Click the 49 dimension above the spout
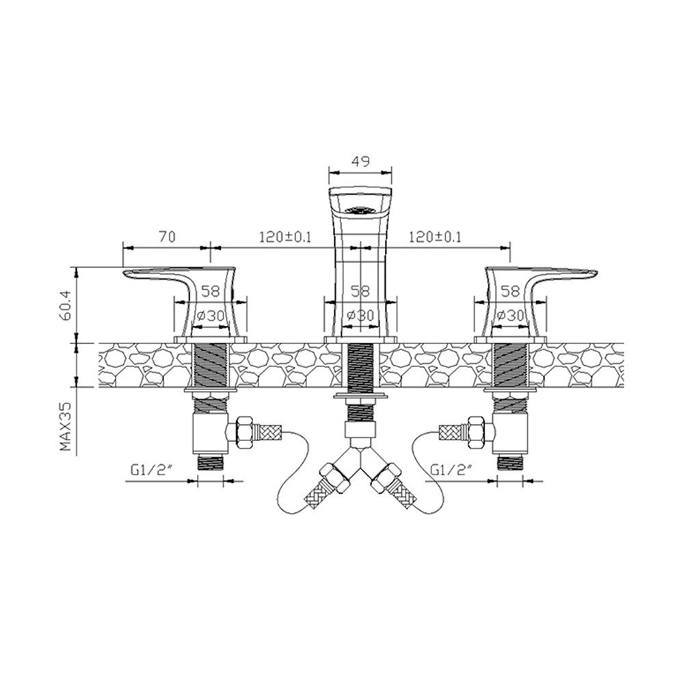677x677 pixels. (x=360, y=161)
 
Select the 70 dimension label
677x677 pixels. (x=167, y=237)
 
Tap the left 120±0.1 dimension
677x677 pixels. (x=285, y=237)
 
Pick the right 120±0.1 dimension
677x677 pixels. (x=435, y=237)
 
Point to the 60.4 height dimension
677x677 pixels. (x=66, y=306)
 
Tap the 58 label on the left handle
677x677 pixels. (x=211, y=291)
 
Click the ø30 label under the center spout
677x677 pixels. (x=360, y=315)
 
